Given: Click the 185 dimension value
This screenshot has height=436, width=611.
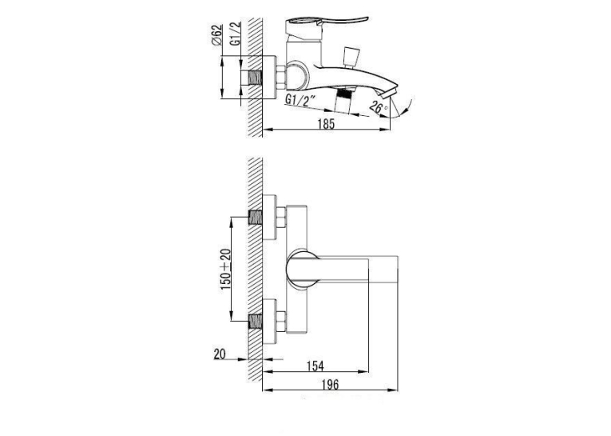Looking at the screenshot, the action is point(326,124).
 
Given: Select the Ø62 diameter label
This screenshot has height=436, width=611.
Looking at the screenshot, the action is point(217,34).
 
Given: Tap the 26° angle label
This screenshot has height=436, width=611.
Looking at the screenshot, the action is point(379,107).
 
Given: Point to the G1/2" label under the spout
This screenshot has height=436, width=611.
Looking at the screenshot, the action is point(300,101).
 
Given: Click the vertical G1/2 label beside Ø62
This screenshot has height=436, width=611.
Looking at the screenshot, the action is point(236,34).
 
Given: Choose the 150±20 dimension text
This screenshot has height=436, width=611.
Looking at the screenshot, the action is point(225,270).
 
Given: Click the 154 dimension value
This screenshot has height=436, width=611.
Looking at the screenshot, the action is point(315,366).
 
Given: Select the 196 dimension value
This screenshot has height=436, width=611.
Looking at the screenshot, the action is point(330,385).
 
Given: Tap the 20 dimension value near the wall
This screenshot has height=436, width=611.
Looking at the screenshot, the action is point(220,354).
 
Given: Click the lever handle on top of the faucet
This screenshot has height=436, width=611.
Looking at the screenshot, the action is point(327,22).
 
